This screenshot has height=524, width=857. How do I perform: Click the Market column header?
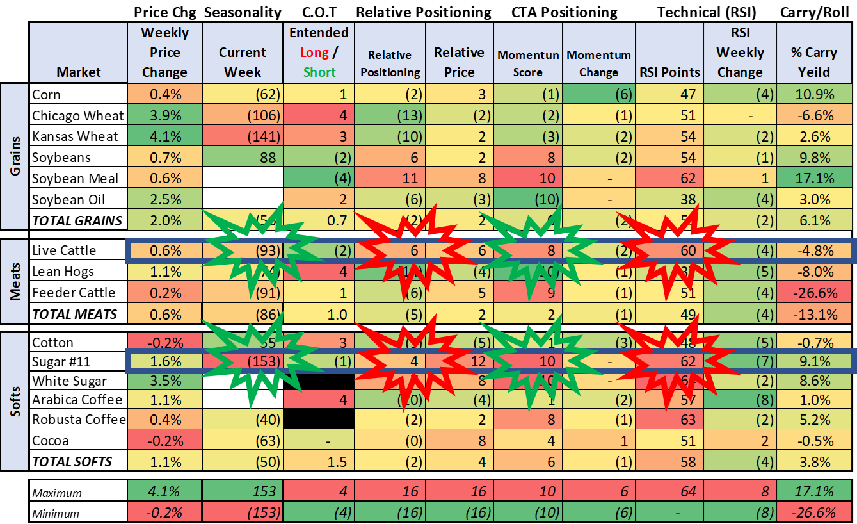point(78,72)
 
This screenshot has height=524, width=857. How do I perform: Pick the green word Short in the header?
point(319,72)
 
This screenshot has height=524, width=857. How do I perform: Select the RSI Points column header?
point(669,72)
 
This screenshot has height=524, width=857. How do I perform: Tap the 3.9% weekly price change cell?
point(164,115)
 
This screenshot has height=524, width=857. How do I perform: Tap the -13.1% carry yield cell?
point(815,315)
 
